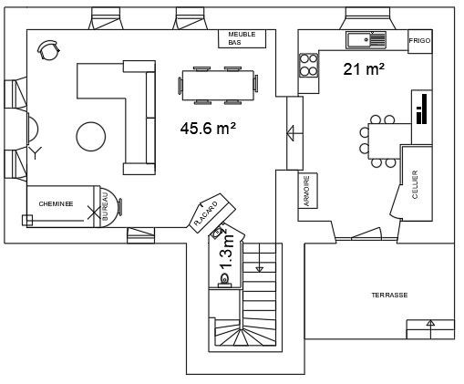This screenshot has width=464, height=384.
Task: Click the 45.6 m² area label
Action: tap(208, 129)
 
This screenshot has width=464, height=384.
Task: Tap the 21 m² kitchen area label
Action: tap(364, 69)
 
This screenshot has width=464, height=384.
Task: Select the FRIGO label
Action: tap(419, 41)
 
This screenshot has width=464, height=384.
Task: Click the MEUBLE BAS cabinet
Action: tap(242, 38)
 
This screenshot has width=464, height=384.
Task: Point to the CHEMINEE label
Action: tap(56, 203)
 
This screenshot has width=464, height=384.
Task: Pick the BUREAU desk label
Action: tap(105, 206)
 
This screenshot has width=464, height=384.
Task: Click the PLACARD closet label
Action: tap(206, 213)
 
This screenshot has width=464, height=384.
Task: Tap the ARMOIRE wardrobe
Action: tap(308, 191)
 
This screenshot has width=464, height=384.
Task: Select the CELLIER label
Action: tap(415, 184)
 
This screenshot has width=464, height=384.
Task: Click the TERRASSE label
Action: tap(389, 296)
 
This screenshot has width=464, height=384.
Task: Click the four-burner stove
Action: tap(309, 65)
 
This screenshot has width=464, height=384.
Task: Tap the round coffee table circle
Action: tap(91, 136)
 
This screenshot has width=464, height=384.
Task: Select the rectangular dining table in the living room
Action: tap(218, 85)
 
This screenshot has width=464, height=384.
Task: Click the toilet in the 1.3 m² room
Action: tap(224, 280)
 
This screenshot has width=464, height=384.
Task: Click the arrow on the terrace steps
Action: tap(430, 329)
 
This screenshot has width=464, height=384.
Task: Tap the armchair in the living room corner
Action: tap(48, 49)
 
